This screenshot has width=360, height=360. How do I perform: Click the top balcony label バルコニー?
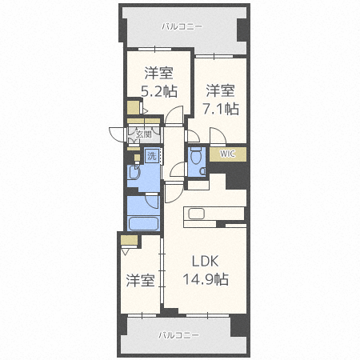point(182,26)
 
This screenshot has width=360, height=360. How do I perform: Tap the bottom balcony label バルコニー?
point(178,335)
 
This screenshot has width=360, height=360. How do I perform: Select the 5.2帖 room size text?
point(159,92)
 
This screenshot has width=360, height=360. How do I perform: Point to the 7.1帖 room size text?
point(221,109)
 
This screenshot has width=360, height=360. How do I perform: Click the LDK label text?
point(206,262)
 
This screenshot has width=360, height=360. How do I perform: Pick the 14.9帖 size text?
point(206,279)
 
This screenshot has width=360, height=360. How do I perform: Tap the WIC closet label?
point(228,154)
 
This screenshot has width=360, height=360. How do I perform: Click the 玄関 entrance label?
point(144,134)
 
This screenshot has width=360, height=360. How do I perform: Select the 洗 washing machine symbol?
point(152,156)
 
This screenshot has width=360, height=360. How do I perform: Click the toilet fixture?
point(196,158)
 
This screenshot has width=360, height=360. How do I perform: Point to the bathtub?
point(143,224)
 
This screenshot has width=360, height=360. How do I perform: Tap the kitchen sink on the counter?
point(197,214)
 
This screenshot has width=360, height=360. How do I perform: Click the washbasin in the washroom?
point(134,172)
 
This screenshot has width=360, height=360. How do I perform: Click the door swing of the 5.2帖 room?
point(174,115)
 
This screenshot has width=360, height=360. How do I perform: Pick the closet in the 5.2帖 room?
point(134,107)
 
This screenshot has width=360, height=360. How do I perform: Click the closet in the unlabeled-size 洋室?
point(129,240)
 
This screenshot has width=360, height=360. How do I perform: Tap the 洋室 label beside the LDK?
point(141,281)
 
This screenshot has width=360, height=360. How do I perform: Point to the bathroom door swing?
point(153,202)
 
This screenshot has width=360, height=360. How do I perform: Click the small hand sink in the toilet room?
point(203,170)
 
